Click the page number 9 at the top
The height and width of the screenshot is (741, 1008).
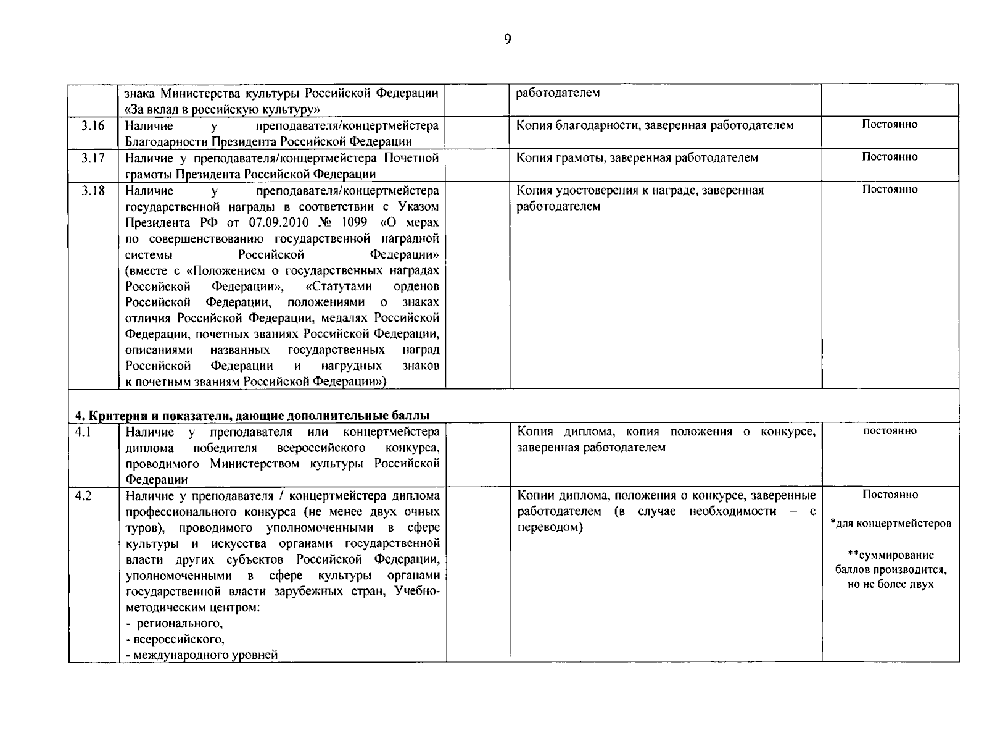tap(507, 40)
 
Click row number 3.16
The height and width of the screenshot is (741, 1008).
tap(93, 125)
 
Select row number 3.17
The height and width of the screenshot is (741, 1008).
tap(93, 157)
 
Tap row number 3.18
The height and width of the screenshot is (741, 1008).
tap(93, 190)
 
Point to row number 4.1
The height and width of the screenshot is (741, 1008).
tap(84, 432)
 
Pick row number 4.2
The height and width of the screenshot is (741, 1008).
tap(84, 496)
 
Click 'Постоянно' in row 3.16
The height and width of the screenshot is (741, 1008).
tap(890, 124)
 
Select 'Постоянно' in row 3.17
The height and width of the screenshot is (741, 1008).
tap(890, 157)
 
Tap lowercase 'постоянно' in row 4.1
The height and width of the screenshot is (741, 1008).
tap(890, 430)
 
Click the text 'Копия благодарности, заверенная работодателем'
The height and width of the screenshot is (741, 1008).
tap(655, 125)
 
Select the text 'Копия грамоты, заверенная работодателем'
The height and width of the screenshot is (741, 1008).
tap(637, 157)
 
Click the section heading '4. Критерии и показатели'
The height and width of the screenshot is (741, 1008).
tap(252, 415)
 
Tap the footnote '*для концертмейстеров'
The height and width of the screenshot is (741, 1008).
tap(890, 524)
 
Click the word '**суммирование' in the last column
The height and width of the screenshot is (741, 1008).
tap(890, 555)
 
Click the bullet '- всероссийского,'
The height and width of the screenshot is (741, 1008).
tap(175, 639)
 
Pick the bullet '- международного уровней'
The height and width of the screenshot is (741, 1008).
tap(202, 655)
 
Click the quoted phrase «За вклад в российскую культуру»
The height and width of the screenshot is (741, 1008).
tap(222, 109)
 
